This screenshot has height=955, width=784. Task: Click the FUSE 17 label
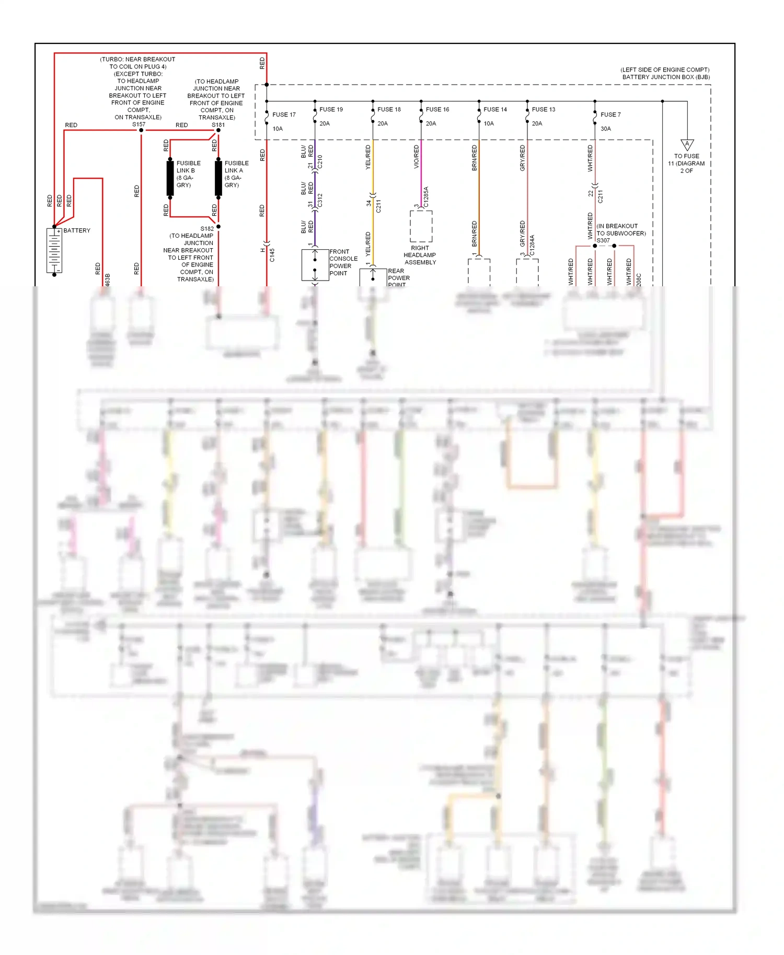284,114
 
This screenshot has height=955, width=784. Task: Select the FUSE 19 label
331,109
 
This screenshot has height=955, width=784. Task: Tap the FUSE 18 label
389,109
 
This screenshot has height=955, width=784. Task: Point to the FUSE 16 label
437,109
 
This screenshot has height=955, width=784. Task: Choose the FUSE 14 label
495,109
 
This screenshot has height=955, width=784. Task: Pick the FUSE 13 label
543,109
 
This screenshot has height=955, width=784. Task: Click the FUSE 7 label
610,114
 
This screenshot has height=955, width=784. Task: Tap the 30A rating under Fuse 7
605,129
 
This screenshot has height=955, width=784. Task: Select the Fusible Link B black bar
170,178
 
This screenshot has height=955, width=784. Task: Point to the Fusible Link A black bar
218,178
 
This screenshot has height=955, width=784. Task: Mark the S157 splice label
139,124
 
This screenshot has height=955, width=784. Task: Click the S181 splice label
218,125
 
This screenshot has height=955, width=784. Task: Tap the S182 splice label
207,229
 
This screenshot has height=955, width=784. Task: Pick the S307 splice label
603,241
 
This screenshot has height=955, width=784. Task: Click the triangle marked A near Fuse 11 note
687,145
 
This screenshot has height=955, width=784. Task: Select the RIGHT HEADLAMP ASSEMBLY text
420,255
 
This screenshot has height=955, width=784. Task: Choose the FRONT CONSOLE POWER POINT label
343,262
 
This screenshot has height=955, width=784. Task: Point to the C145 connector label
272,255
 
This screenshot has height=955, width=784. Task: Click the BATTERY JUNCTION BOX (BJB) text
665,77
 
